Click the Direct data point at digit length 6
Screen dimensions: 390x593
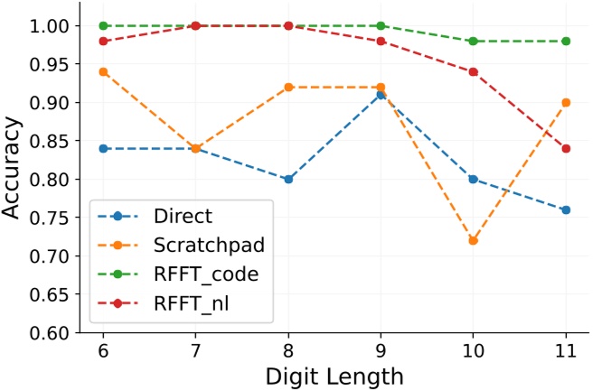[104, 148]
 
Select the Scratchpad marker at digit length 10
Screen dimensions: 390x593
[474, 240]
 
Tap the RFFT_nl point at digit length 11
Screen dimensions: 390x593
[566, 148]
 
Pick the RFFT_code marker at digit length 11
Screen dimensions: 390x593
[566, 41]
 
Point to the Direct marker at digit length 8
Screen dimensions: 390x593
[288, 179]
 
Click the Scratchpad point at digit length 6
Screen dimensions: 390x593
[104, 71]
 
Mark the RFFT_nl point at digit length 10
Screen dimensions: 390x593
[474, 71]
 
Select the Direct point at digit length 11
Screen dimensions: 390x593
[566, 209]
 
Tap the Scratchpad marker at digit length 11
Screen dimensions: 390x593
[566, 102]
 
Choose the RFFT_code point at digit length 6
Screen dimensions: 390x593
[104, 25]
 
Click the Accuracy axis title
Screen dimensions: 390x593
[15, 179]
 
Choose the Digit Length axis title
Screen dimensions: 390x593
[334, 373]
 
